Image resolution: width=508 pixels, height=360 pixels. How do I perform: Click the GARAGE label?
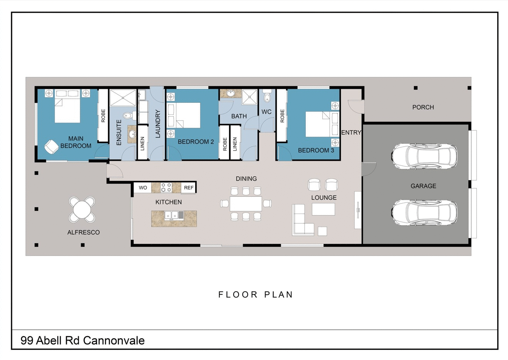(x=423, y=186)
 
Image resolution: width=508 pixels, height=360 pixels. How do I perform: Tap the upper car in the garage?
(x=424, y=156)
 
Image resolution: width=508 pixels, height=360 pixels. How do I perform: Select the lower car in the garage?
(x=424, y=212)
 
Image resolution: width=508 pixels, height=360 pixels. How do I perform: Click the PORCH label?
(x=423, y=107)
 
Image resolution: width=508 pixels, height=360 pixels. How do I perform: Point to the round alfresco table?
(x=82, y=210)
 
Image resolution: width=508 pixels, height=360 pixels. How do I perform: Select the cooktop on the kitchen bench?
(x=166, y=187)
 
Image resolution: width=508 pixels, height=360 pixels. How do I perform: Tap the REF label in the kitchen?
(x=188, y=188)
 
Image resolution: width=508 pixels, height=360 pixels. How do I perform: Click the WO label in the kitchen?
(x=143, y=188)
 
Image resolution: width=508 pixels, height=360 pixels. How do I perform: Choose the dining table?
(x=246, y=203)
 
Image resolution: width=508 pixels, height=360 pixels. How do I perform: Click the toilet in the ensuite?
(x=129, y=115)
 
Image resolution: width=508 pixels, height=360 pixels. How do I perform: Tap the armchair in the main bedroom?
(x=51, y=147)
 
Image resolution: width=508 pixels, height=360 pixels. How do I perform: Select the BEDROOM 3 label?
(x=316, y=150)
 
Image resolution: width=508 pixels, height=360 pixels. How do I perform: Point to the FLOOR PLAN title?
(x=256, y=294)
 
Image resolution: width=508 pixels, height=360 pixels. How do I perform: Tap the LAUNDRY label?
(x=157, y=124)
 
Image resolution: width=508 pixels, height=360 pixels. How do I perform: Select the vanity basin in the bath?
(x=230, y=93)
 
